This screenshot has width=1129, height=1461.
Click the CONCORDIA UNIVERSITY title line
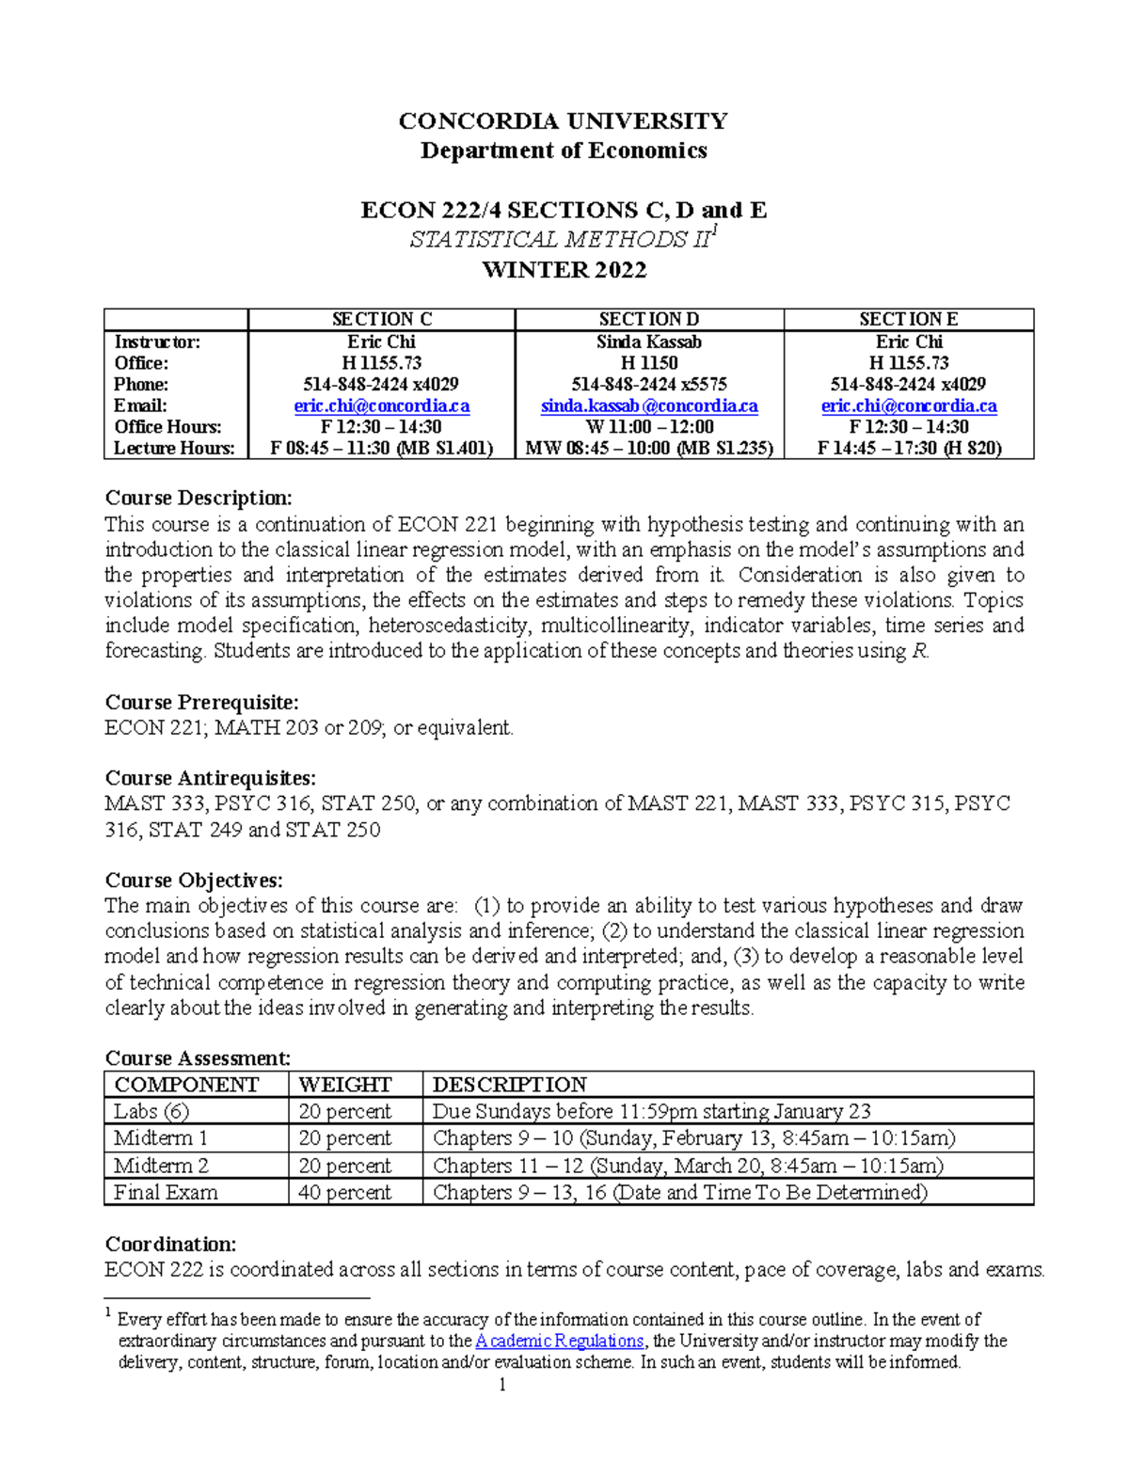click(x=563, y=120)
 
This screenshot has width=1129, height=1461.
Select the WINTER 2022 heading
click(x=564, y=270)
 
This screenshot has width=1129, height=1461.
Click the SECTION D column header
click(x=648, y=319)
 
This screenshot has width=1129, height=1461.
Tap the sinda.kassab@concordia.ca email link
click(x=648, y=405)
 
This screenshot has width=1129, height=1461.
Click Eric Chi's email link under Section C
click(x=381, y=405)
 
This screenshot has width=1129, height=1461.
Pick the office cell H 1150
click(x=648, y=363)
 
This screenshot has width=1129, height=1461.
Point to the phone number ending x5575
click(x=648, y=384)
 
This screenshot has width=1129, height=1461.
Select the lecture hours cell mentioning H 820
click(x=909, y=448)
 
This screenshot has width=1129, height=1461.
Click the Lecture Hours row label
click(x=174, y=448)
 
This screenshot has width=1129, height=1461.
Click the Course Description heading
click(x=199, y=498)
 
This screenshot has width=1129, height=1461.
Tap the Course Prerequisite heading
click(x=201, y=702)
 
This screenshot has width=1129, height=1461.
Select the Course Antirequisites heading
click(x=210, y=778)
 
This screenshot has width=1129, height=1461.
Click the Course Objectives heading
click(x=193, y=881)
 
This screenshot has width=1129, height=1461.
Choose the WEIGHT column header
click(x=344, y=1085)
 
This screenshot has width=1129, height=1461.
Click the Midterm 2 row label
click(x=161, y=1166)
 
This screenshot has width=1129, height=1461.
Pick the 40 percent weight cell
click(x=344, y=1192)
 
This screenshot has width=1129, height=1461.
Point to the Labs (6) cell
click(x=151, y=1111)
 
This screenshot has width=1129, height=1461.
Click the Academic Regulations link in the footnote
click(x=560, y=1341)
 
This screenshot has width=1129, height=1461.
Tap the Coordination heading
click(x=170, y=1244)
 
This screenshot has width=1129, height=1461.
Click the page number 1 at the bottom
click(x=502, y=1385)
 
